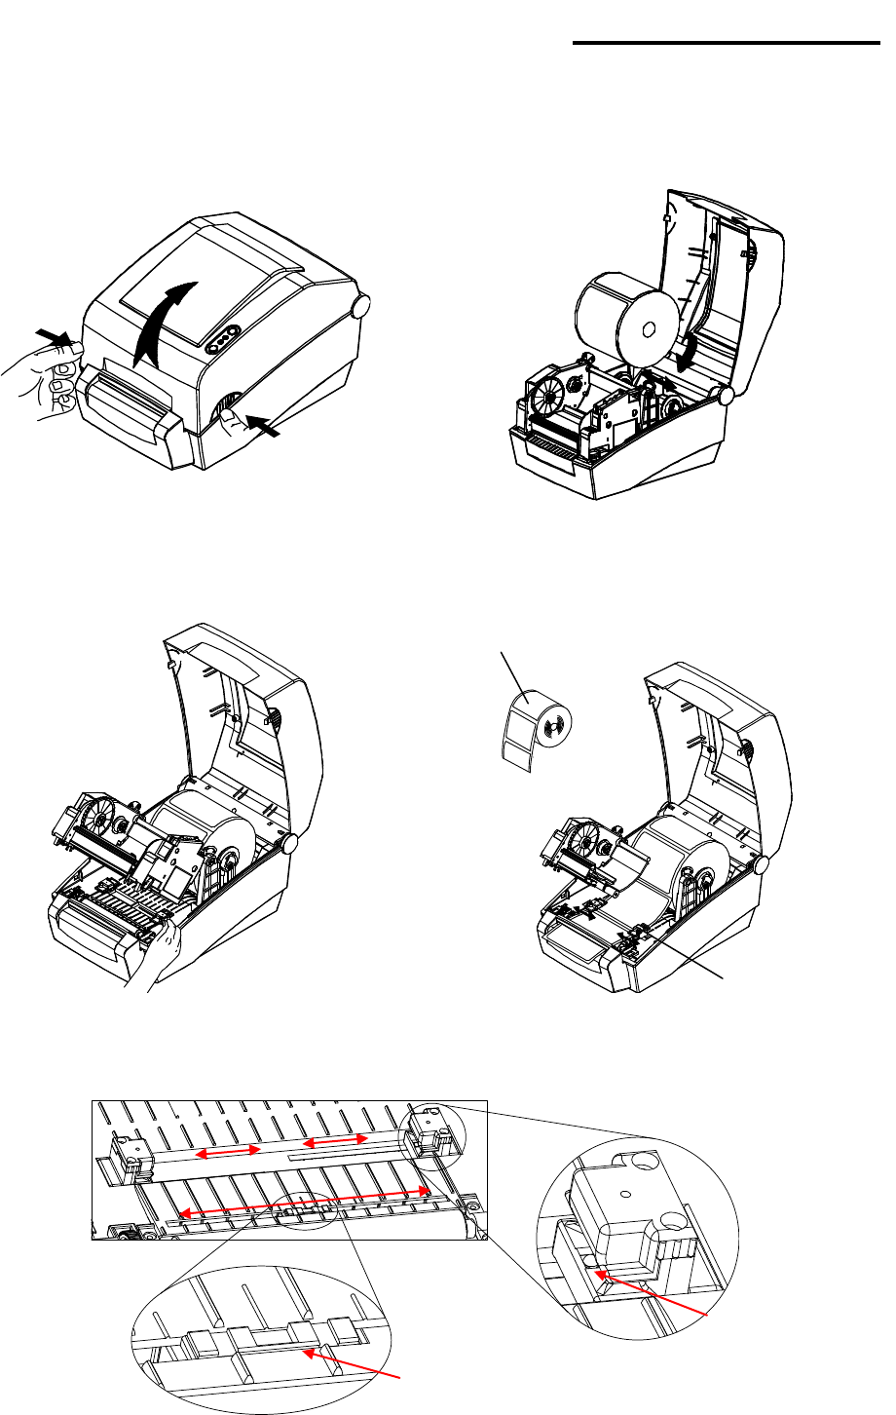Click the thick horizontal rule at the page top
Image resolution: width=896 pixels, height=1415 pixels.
click(x=726, y=43)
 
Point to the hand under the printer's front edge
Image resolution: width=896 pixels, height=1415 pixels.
click(x=156, y=960)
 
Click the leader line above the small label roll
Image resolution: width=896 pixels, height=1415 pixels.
click(x=510, y=671)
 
